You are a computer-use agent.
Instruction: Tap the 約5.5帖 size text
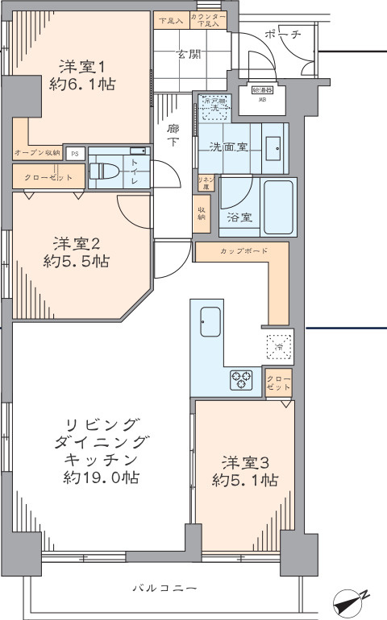click(x=77, y=261)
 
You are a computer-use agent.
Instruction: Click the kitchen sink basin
click(x=210, y=324)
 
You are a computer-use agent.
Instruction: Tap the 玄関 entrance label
click(x=189, y=54)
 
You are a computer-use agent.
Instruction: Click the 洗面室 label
click(x=227, y=147)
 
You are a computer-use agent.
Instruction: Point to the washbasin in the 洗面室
click(x=273, y=147)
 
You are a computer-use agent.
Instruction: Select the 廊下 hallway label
click(x=173, y=134)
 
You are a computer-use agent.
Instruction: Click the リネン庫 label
click(x=206, y=182)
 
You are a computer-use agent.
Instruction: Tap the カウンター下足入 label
click(x=208, y=20)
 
